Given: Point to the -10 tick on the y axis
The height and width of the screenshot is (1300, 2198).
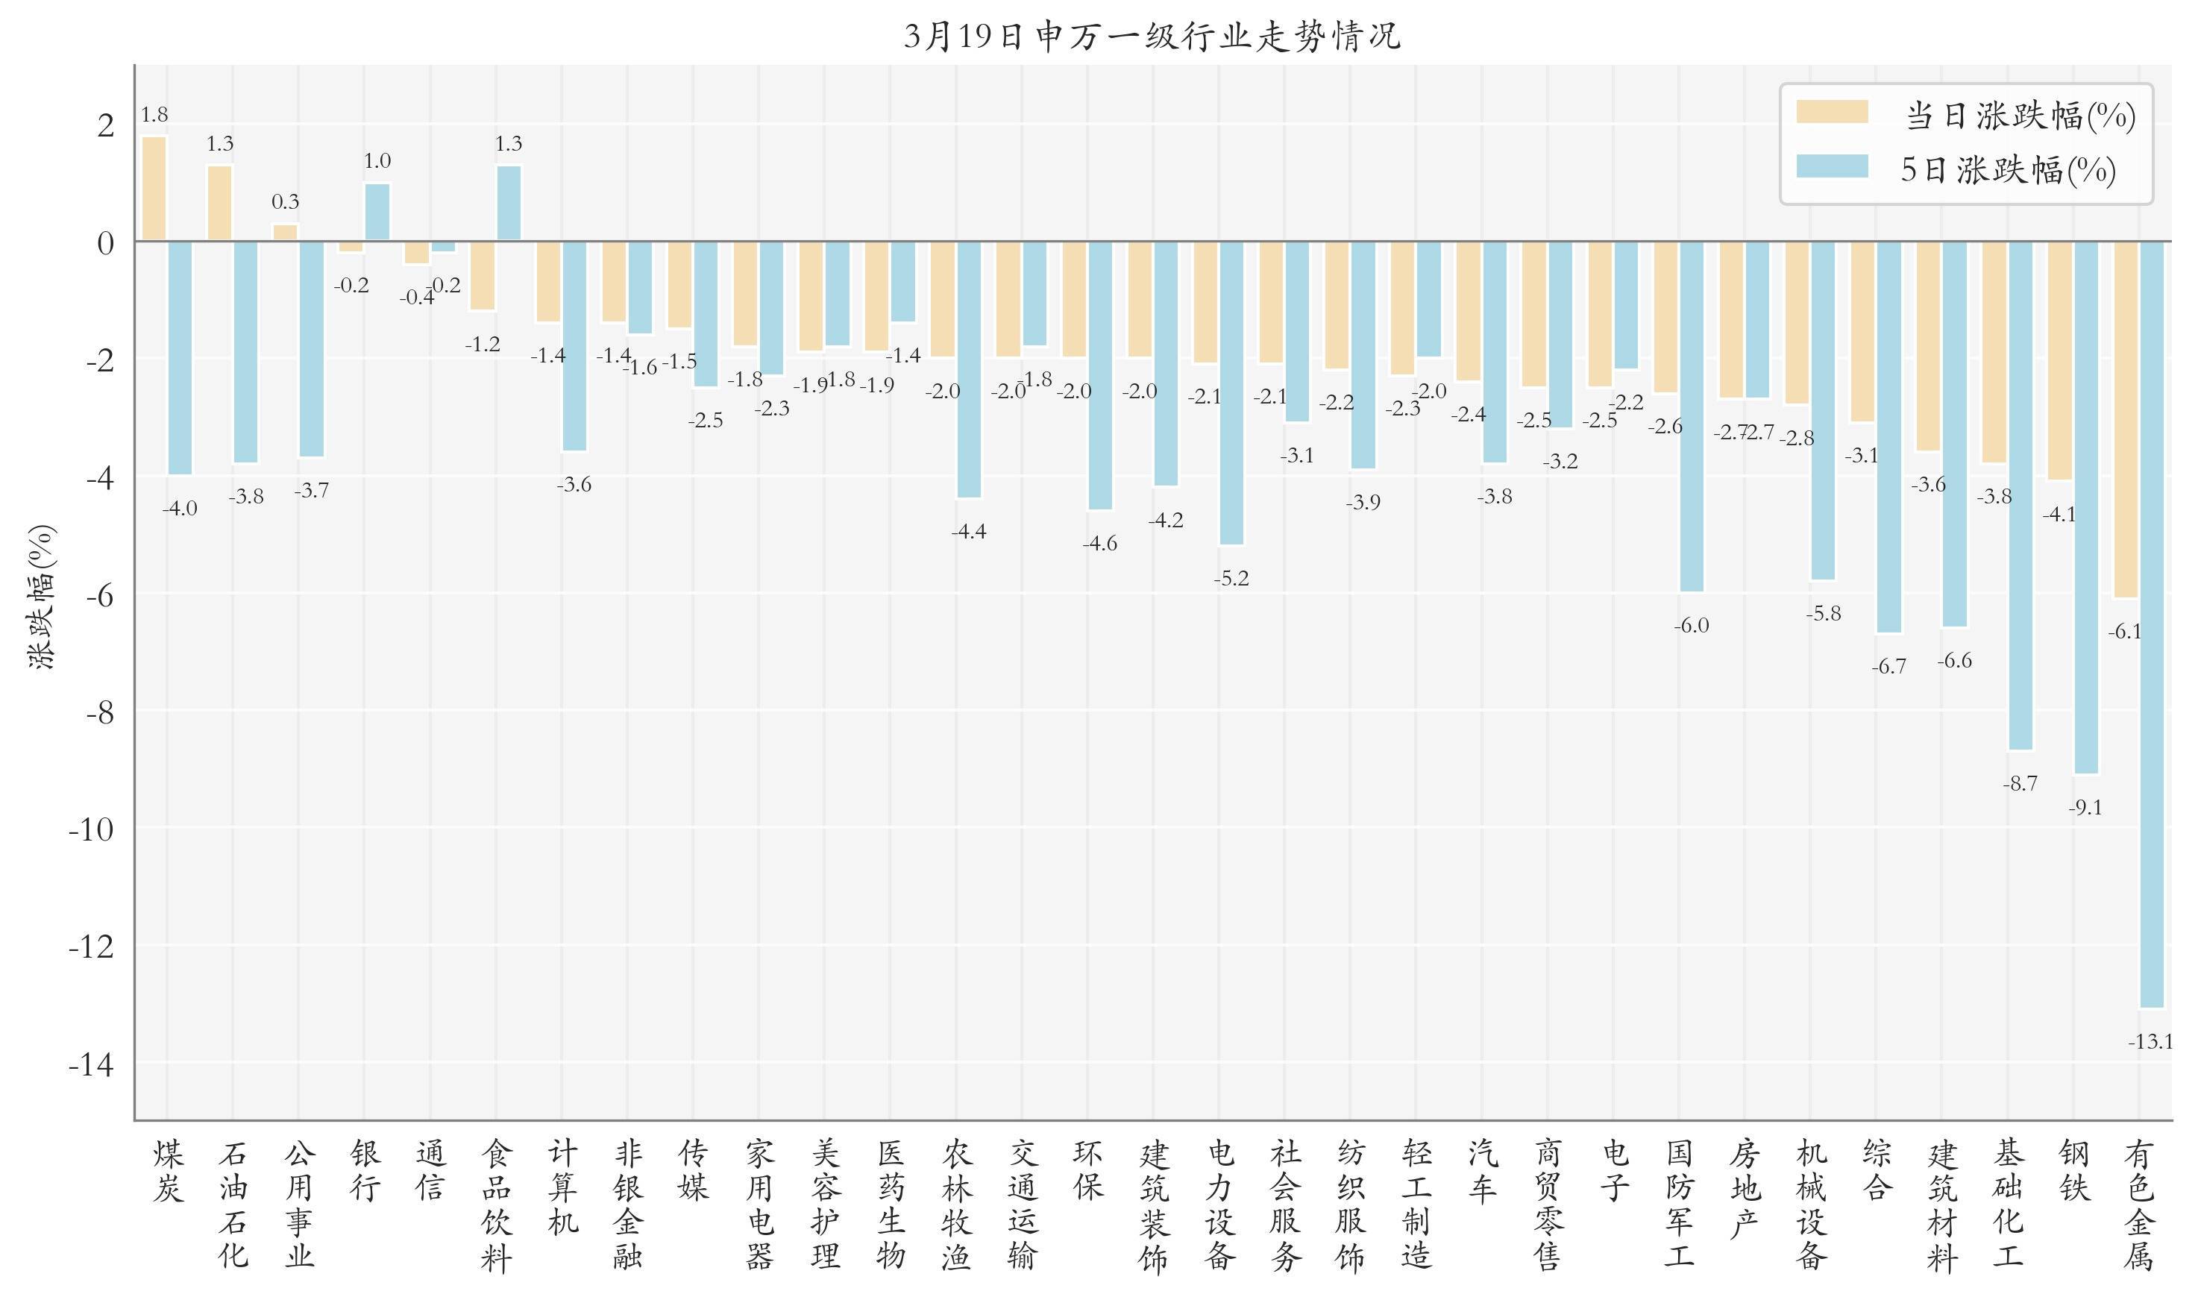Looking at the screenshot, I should (91, 829).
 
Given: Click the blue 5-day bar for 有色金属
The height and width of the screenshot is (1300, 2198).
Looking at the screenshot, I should (2151, 624).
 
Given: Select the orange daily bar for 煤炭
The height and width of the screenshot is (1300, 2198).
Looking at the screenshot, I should (154, 189).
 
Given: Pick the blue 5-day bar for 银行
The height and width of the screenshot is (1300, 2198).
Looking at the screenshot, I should (377, 212).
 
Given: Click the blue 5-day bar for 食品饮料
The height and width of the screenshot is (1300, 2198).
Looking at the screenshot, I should (509, 203).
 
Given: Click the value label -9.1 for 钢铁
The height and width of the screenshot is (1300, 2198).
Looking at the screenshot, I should (2085, 808).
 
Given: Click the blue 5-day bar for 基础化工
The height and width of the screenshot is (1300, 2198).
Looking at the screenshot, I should (2020, 495).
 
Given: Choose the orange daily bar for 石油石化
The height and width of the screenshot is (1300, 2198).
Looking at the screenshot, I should (220, 203).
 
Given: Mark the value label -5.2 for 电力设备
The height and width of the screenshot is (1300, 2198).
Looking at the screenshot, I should (1231, 578).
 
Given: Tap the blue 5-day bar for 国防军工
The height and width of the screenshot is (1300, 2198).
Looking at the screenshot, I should (1692, 416).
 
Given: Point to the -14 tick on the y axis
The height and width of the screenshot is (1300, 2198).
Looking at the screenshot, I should (91, 1064).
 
